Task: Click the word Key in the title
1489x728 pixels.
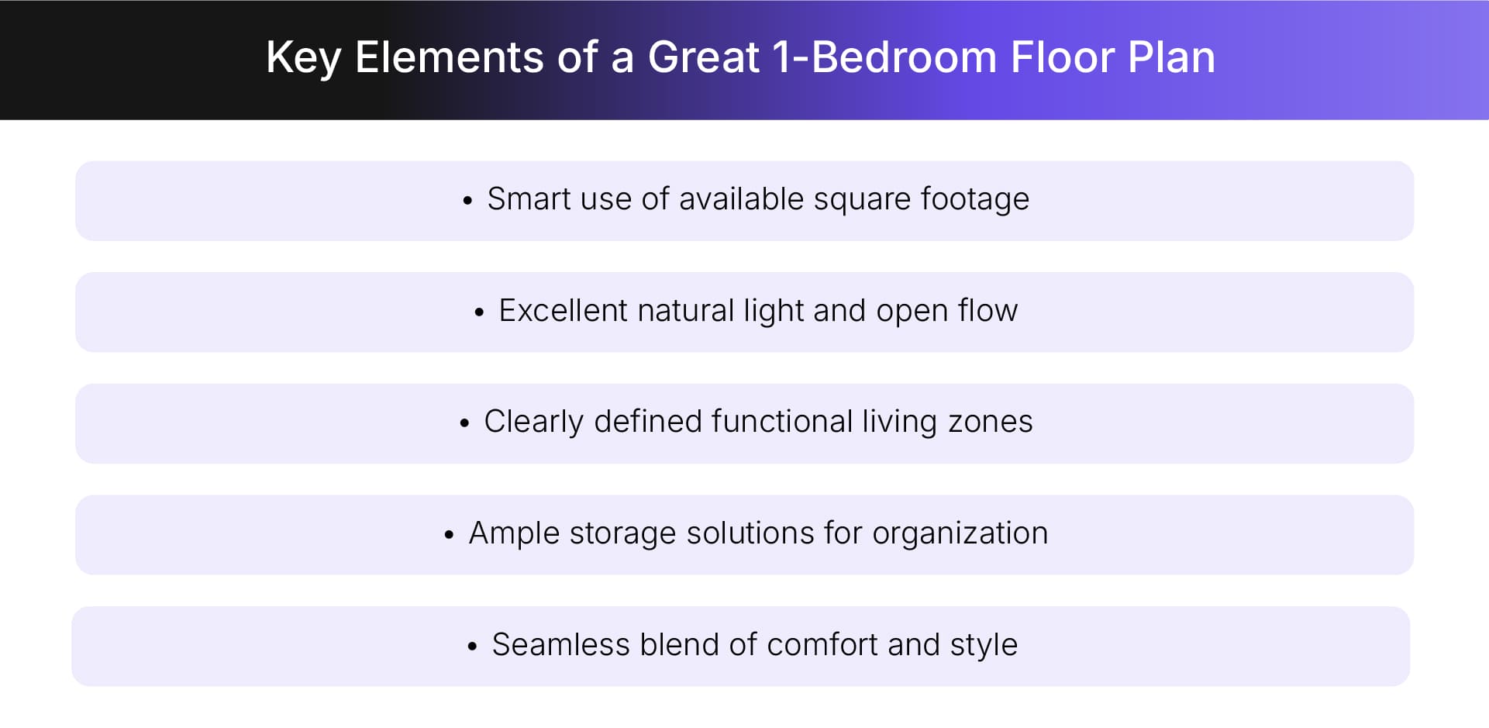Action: point(303,58)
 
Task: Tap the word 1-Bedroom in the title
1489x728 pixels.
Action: point(884,58)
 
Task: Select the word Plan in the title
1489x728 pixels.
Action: point(1171,58)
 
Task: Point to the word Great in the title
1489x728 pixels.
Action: point(703,58)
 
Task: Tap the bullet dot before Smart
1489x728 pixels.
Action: point(467,201)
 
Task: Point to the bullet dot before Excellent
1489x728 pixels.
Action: point(479,312)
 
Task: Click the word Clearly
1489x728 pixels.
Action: point(533,422)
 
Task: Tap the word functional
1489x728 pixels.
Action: point(781,422)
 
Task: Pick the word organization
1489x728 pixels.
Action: point(960,533)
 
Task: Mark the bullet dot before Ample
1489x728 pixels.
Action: point(449,535)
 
